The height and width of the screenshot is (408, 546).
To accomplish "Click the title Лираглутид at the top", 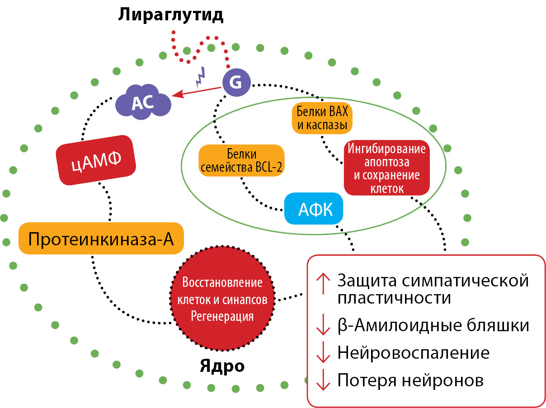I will pyautogui.click(x=171, y=15).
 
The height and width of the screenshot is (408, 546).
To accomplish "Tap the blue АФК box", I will pyautogui.click(x=314, y=209).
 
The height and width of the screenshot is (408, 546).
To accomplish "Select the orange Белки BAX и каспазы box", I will pyautogui.click(x=322, y=118).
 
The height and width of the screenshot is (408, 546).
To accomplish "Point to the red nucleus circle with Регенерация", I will pyautogui.click(x=222, y=299).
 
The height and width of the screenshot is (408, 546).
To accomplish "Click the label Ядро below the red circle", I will pyautogui.click(x=222, y=366).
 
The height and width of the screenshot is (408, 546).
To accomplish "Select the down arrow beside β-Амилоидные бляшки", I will pyautogui.click(x=323, y=326).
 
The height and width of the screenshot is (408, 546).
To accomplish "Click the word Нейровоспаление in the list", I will pyautogui.click(x=414, y=353).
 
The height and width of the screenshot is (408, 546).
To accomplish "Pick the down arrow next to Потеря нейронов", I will pyautogui.click(x=323, y=380).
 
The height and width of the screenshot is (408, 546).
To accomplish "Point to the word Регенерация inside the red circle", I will pyautogui.click(x=222, y=315).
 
